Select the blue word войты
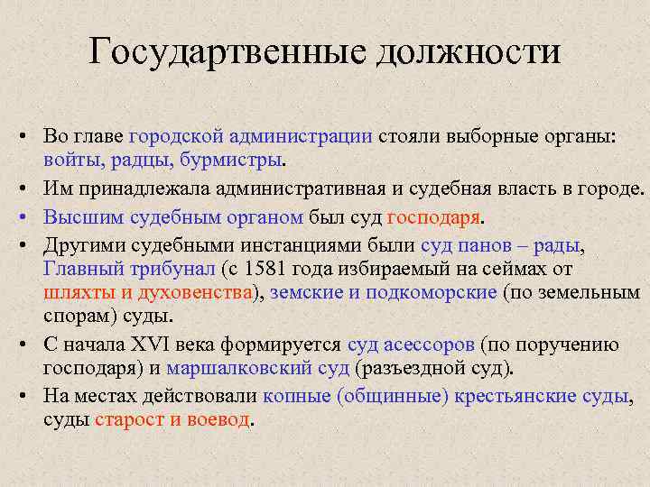pyautogui.click(x=70, y=161)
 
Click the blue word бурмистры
pyautogui.click(x=227, y=161)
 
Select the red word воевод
pyautogui.click(x=218, y=420)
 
